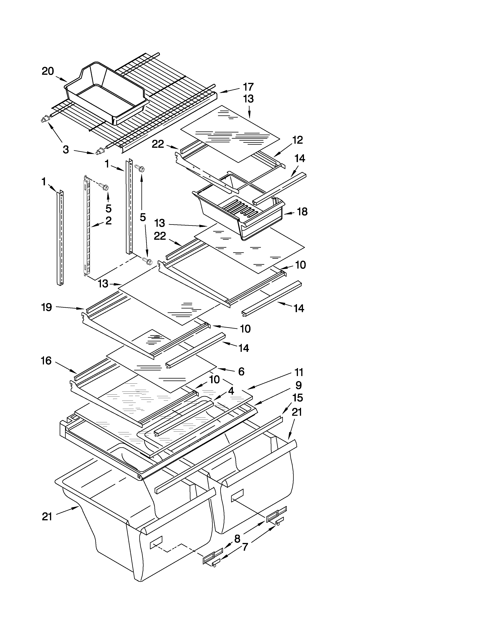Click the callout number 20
point(48,71)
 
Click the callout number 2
point(108,221)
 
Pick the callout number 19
point(46,307)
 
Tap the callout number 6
point(241,372)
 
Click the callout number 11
point(299,372)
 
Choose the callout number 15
point(297,398)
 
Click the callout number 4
point(231,391)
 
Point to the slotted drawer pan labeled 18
point(240,214)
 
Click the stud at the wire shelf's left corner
point(45,119)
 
